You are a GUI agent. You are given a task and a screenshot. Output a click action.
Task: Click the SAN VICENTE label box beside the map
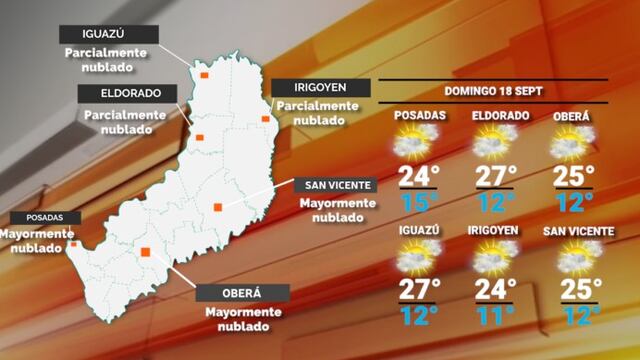[x=337, y=184]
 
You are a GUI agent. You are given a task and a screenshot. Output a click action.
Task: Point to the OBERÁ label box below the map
[x=243, y=293]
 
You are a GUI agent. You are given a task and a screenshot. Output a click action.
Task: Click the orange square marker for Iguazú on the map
[x=203, y=73]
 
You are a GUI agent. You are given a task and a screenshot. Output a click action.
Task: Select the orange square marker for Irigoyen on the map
[x=265, y=119]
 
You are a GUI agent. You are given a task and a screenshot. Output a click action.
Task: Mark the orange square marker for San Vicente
[x=217, y=208]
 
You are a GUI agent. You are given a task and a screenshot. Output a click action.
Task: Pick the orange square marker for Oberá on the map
[x=146, y=253]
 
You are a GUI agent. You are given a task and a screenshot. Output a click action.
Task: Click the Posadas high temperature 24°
[x=419, y=176]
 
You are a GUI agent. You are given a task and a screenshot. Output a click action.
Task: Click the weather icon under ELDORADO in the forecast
[x=495, y=144]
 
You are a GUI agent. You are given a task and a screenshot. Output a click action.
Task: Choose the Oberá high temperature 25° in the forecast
[x=573, y=176]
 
